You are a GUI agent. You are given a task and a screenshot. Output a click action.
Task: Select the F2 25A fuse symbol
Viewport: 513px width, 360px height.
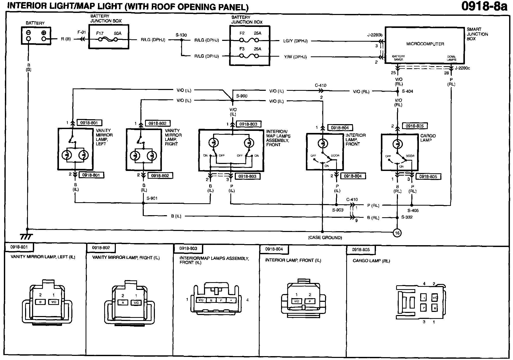pyautogui.click(x=249, y=40)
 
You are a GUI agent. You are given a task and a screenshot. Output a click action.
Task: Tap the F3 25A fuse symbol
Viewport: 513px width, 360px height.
pyautogui.click(x=249, y=56)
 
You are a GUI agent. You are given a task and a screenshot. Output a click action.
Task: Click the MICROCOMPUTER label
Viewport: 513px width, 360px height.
pyautogui.click(x=425, y=44)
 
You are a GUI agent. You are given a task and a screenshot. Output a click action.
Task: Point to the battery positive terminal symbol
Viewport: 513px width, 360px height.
pyautogui.click(x=44, y=33)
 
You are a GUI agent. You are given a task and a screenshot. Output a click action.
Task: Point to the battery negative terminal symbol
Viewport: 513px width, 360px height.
pyautogui.click(x=28, y=33)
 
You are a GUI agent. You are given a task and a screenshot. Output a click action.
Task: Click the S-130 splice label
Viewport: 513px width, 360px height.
pyautogui.click(x=181, y=35)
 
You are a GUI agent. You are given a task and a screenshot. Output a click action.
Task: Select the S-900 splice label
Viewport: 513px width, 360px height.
pyautogui.click(x=242, y=96)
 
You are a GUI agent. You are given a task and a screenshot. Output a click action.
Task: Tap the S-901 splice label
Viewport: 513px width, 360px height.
pyautogui.click(x=152, y=198)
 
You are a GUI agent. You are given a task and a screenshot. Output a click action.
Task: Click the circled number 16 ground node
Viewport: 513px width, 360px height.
pyautogui.click(x=397, y=233)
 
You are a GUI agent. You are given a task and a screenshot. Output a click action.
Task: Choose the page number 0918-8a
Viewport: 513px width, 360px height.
pyautogui.click(x=484, y=6)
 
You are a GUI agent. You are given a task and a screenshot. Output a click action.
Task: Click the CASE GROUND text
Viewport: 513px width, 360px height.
pyautogui.click(x=325, y=237)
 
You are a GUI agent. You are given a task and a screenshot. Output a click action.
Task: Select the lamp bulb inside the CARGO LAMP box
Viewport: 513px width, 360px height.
pyautogui.click(x=397, y=144)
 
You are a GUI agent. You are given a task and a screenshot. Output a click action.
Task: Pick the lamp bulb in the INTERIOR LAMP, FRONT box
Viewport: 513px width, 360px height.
pyautogui.click(x=322, y=144)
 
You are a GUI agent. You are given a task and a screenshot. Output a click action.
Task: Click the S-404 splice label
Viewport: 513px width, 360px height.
pyautogui.click(x=408, y=91)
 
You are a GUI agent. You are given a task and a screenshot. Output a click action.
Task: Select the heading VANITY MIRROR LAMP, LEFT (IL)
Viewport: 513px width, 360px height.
pyautogui.click(x=43, y=257)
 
